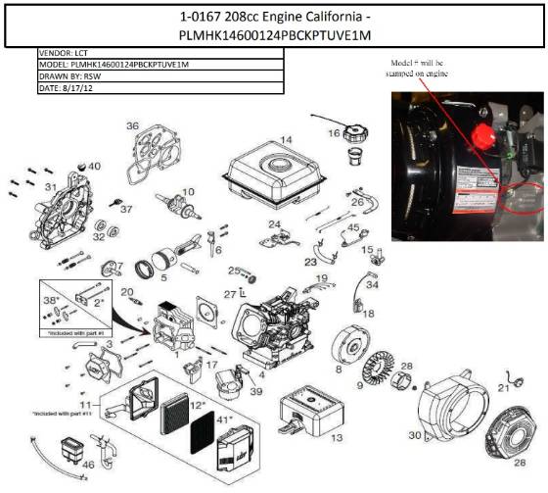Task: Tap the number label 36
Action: pyautogui.click(x=132, y=125)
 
